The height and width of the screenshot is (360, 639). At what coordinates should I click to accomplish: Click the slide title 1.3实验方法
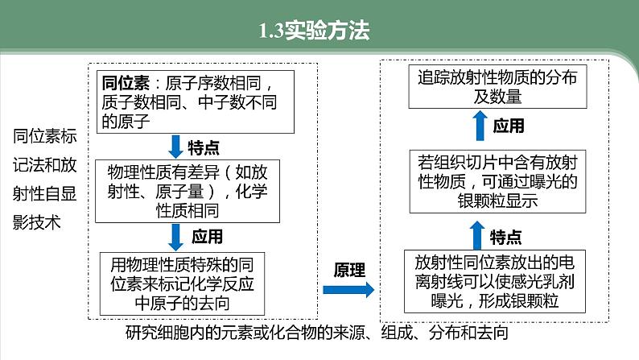pos(319,31)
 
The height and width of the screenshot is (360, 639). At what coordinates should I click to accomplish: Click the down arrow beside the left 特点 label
pos(176,145)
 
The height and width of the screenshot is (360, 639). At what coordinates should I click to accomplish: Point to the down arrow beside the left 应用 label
pos(176,236)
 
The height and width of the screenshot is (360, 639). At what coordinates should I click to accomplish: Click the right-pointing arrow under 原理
pos(353,291)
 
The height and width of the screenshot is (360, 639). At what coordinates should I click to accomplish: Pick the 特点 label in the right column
pos(505,236)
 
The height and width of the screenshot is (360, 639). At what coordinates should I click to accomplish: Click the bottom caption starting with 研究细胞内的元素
pos(318,331)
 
